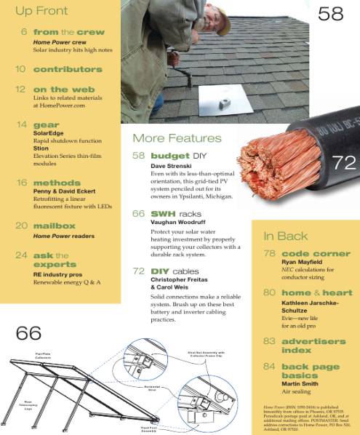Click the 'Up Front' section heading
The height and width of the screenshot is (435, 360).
41,11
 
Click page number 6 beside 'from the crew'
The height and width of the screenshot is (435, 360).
24,33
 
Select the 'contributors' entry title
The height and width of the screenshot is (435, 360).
68,69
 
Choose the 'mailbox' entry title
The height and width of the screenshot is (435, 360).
54,226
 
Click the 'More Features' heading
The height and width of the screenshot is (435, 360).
177,138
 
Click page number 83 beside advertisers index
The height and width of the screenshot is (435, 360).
269,340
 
